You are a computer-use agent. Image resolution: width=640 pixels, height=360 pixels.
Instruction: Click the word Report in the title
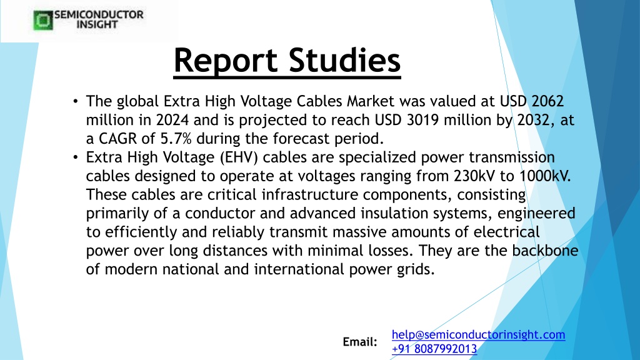point(226,61)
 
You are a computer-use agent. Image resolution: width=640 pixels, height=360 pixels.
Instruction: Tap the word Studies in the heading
point(345,61)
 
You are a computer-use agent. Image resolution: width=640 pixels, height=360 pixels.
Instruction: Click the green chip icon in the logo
point(43,20)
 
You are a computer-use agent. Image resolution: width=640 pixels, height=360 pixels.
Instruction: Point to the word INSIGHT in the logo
point(97,24)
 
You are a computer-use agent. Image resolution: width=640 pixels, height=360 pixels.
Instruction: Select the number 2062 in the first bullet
point(547,101)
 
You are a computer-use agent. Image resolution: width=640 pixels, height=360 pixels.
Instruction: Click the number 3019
point(423,119)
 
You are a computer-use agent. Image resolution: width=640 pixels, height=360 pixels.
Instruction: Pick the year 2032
point(535,119)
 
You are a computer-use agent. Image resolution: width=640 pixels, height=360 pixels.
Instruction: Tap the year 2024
point(172,119)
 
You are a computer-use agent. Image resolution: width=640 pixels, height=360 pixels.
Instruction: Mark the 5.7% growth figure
point(176,138)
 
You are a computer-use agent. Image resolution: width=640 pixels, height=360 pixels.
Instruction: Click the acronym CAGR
point(117,138)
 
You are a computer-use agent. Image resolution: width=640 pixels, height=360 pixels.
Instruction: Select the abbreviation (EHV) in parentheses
point(239,157)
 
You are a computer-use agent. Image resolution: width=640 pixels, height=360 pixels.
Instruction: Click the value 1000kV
point(545,176)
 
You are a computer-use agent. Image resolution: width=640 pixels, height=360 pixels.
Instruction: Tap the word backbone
point(545,250)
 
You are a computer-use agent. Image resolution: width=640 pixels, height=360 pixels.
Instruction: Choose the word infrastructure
point(310,194)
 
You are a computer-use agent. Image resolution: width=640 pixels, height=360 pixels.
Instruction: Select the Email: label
point(360,342)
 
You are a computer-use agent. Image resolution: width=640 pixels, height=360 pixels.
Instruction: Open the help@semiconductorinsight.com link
point(478,335)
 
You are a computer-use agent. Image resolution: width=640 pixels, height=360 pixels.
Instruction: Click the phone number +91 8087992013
point(434,349)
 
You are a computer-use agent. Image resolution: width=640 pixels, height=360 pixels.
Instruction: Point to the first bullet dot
point(76,101)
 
